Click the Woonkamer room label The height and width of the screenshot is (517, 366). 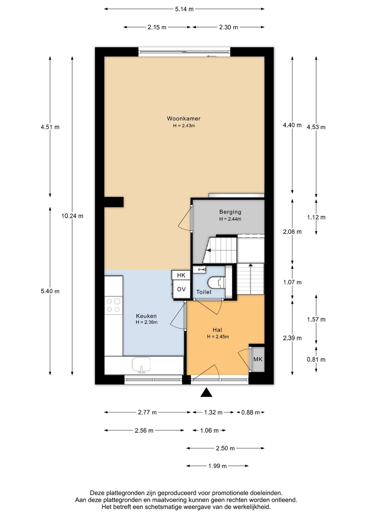point(184,118)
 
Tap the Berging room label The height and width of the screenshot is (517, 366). point(230,212)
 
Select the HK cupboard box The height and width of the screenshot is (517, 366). point(181,275)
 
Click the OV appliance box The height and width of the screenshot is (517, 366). point(181,289)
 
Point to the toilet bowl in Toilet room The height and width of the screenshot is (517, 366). point(216,283)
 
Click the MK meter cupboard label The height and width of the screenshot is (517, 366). point(258,359)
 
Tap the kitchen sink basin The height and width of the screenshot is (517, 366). point(141,365)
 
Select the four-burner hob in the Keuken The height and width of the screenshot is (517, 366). point(114,305)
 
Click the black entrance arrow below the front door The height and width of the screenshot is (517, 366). point(206,392)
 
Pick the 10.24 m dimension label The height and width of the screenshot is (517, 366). point(72,216)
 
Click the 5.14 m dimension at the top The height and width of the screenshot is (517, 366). point(184,9)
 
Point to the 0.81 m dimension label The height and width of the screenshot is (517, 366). point(316,359)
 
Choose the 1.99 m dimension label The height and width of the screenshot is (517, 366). point(218,466)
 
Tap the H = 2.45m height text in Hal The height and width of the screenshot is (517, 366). point(218,336)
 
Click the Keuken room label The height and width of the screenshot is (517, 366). point(146,316)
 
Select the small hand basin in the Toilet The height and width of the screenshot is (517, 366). point(200,269)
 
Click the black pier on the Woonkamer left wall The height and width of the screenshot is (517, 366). point(114,202)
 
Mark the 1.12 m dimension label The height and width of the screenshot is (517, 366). point(316,217)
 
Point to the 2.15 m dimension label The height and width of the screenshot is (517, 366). point(157,27)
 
